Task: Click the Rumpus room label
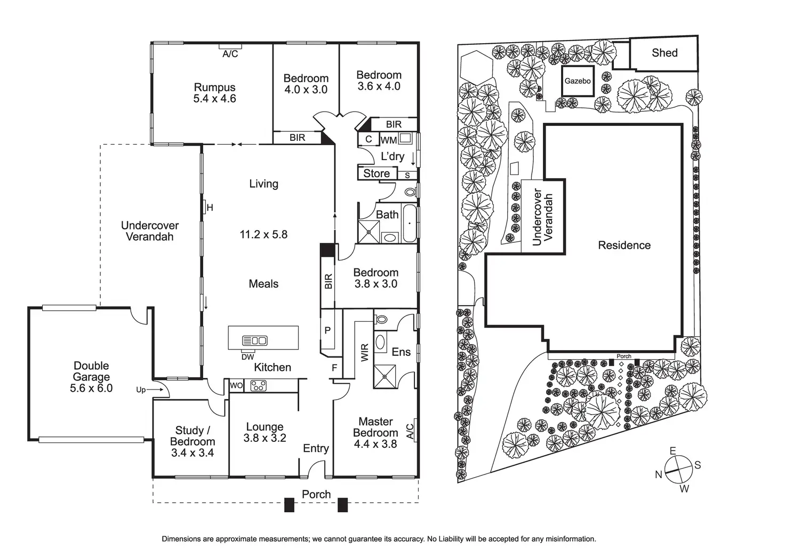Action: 214,88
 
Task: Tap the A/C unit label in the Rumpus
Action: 230,54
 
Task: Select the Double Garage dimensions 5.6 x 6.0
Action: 91,388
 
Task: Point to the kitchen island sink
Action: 255,340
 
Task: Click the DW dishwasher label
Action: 248,357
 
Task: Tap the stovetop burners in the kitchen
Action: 258,386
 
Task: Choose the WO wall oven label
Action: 236,386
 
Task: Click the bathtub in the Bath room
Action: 410,223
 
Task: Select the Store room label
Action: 377,173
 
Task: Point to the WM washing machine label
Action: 389,140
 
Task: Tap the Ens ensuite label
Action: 401,352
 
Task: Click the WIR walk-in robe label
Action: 365,352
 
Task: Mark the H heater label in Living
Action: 210,208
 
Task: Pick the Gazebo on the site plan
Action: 578,81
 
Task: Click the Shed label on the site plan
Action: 664,53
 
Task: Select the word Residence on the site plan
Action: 624,245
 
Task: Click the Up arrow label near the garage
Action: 141,390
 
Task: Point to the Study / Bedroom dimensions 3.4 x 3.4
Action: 193,453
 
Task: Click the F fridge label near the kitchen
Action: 334,368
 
